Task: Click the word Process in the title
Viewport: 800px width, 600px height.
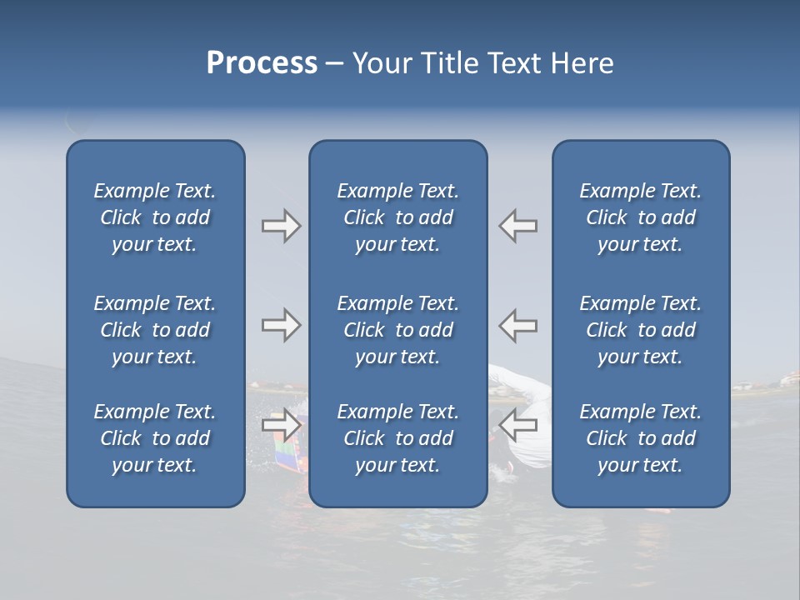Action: pyautogui.click(x=262, y=63)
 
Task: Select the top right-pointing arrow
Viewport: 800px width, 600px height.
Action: pyautogui.click(x=281, y=226)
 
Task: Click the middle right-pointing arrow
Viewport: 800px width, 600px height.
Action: pyautogui.click(x=281, y=325)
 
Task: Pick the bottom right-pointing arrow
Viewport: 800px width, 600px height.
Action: pyautogui.click(x=281, y=425)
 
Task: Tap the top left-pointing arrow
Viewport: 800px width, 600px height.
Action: pyautogui.click(x=517, y=226)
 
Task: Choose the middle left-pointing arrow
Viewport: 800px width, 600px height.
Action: pyautogui.click(x=517, y=325)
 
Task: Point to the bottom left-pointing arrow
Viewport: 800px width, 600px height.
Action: pyautogui.click(x=517, y=425)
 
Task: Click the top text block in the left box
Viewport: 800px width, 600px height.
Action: pyautogui.click(x=155, y=217)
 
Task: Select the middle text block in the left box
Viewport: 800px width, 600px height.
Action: pyautogui.click(x=155, y=330)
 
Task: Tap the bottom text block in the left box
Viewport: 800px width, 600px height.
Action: pyautogui.click(x=155, y=438)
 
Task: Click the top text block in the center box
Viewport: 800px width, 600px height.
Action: pyautogui.click(x=398, y=217)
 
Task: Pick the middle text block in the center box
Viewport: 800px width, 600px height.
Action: pyautogui.click(x=398, y=330)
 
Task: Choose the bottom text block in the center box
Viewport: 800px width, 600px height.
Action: pyautogui.click(x=398, y=438)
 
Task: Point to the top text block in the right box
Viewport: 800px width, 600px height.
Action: pyautogui.click(x=641, y=217)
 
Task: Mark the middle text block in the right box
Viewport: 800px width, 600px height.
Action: pyautogui.click(x=641, y=330)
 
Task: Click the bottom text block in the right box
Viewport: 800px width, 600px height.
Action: pyautogui.click(x=641, y=438)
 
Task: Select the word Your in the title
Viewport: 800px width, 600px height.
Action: pyautogui.click(x=380, y=63)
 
